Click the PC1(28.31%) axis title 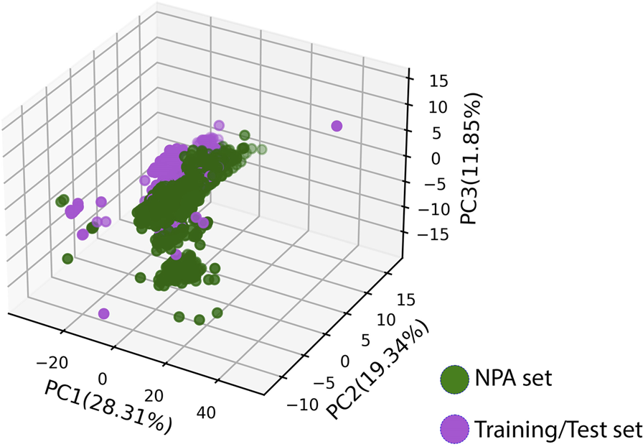pos(108,407)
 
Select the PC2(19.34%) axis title pos(379,367)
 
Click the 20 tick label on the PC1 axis pos(154,396)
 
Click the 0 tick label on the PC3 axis pos(438,157)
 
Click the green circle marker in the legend pos(454,379)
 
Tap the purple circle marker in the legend pos(454,429)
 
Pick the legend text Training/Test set pos(557,429)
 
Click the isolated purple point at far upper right pos(337,126)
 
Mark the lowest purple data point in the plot pos(104,313)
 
